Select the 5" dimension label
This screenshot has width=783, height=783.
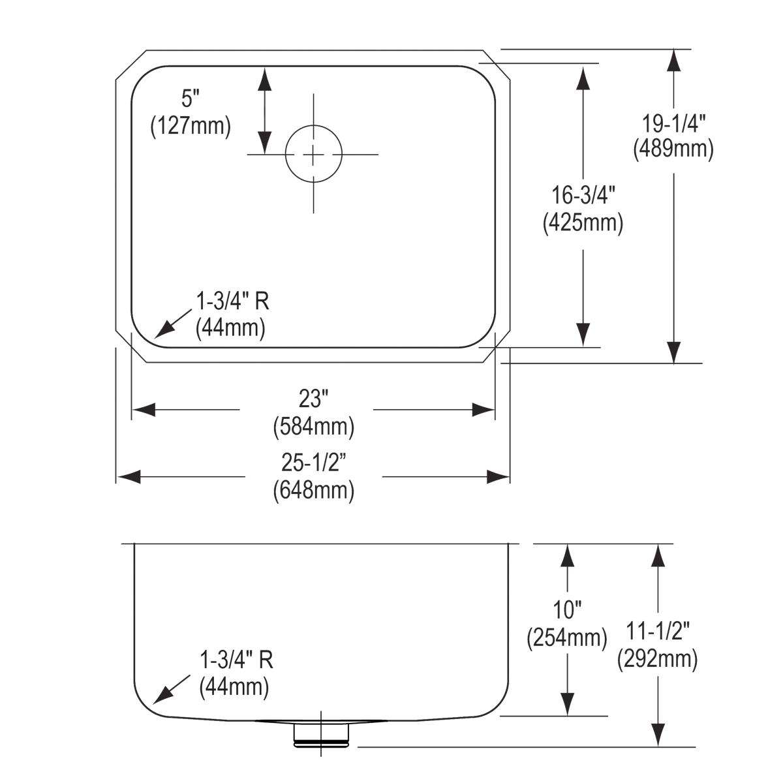pyautogui.click(x=189, y=99)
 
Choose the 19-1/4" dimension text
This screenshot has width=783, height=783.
pyautogui.click(x=673, y=122)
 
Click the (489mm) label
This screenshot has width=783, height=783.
pyautogui.click(x=673, y=149)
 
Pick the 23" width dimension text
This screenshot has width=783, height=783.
pyautogui.click(x=313, y=399)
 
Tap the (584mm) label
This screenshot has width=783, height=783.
pyautogui.click(x=313, y=427)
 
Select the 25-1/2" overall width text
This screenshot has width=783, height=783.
pyautogui.click(x=313, y=463)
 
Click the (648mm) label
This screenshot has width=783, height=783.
pyautogui.click(x=313, y=489)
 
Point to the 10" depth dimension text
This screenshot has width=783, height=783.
pyautogui.click(x=567, y=611)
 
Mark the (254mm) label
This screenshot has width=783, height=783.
pyautogui.click(x=567, y=637)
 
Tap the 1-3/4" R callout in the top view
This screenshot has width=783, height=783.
pyautogui.click(x=232, y=301)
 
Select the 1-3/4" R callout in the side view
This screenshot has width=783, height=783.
pyautogui.click(x=236, y=660)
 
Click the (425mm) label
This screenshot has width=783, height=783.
pyautogui.click(x=583, y=223)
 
